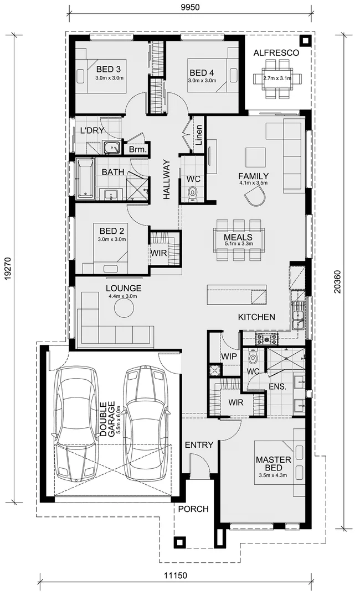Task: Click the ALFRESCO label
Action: coord(276,53)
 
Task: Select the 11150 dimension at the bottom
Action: coord(175,575)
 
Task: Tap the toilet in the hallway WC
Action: coord(193,193)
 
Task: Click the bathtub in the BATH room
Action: coord(85,178)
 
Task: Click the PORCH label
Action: coord(193,509)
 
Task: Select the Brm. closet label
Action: coord(138,149)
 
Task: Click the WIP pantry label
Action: coord(228,357)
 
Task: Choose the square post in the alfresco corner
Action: coord(305,41)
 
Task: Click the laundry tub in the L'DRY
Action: coord(112,148)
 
